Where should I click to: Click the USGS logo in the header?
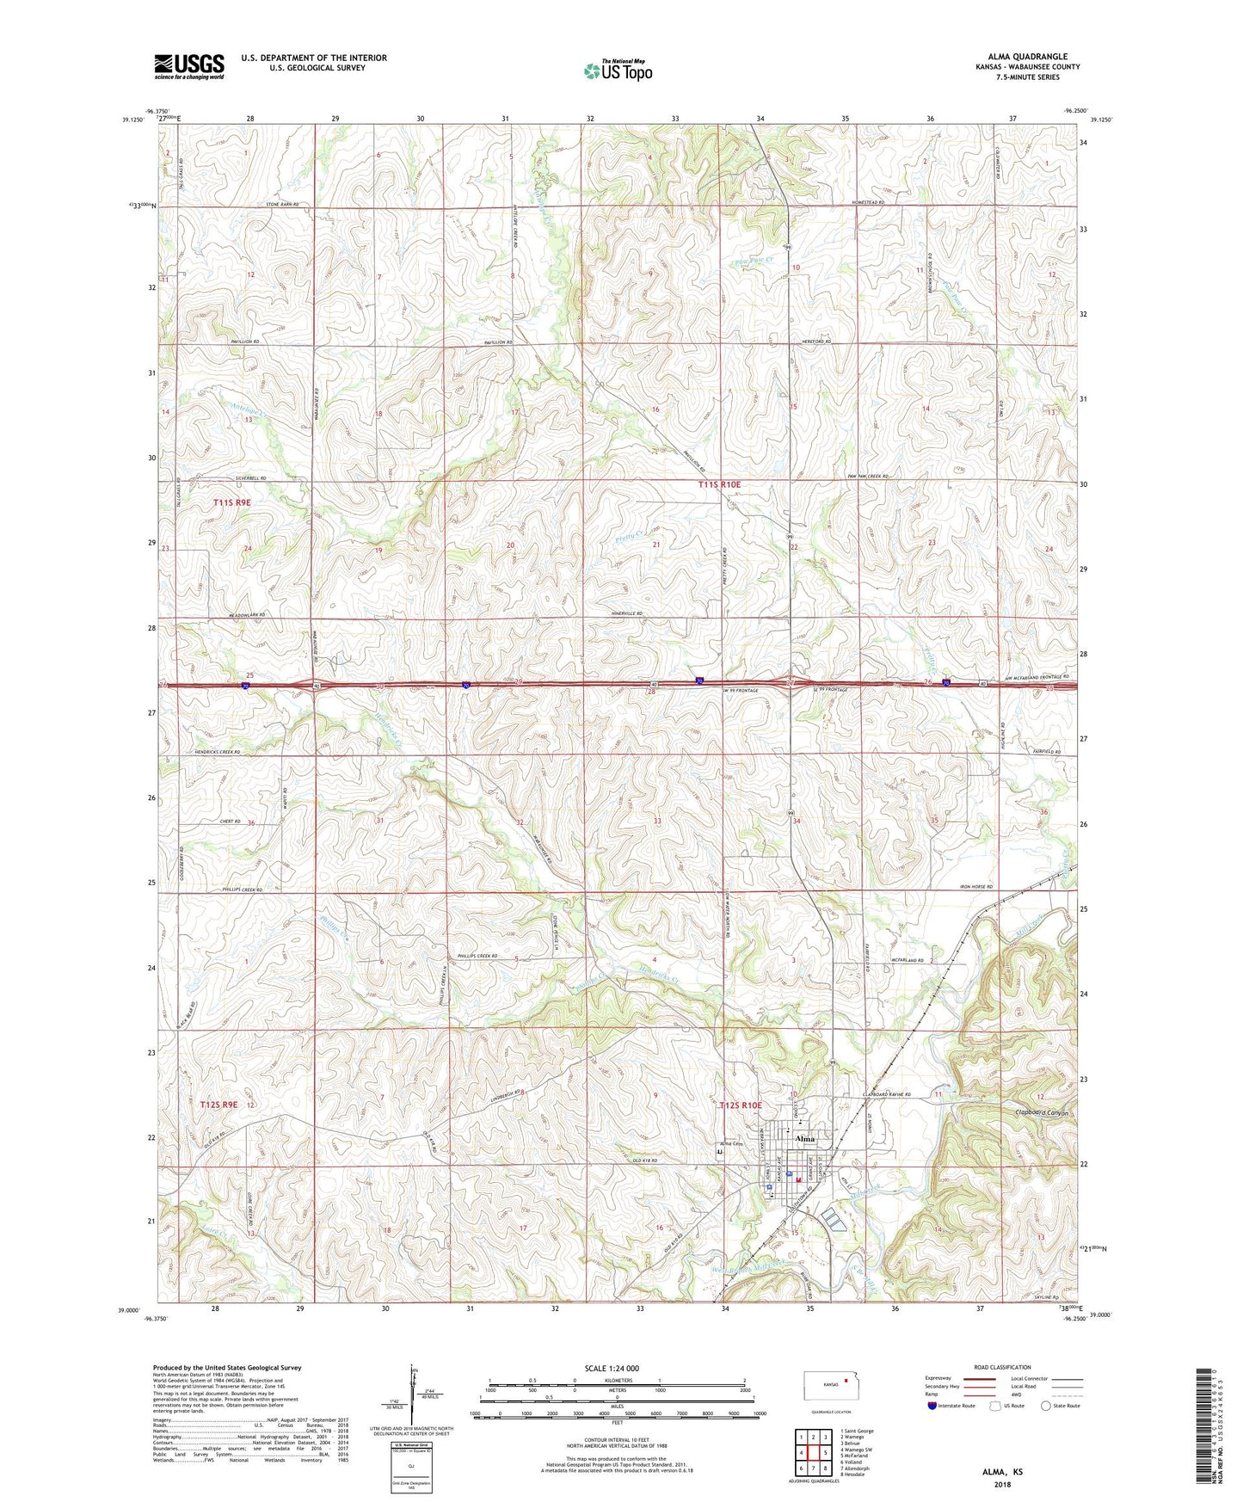[x=189, y=66]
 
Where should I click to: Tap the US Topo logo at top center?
[x=618, y=71]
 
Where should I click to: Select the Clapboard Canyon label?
[x=1040, y=1112]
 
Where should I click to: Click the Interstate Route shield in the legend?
[x=932, y=1406]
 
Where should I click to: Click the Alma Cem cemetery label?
[x=731, y=1144]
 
